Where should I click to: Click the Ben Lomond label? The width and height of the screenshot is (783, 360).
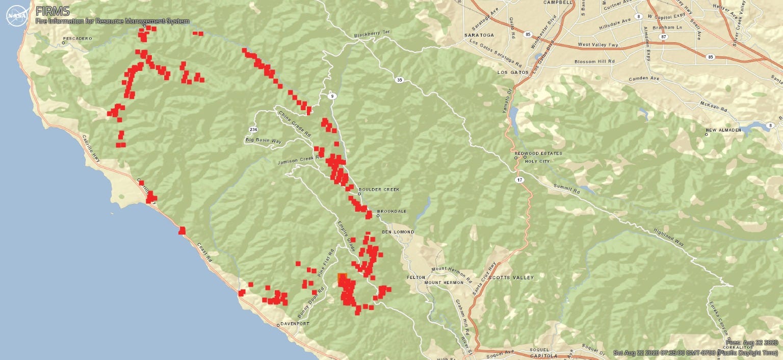[398, 232]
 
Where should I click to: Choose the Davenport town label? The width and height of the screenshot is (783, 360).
[296, 324]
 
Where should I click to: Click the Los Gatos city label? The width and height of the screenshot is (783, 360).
[511, 72]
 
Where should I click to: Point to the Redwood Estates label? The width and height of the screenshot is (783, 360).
[538, 153]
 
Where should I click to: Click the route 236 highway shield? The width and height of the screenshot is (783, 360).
[253, 130]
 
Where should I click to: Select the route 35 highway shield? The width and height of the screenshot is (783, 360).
[399, 80]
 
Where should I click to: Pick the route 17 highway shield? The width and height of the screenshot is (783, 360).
[518, 180]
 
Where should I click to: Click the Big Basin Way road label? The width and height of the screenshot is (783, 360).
[264, 139]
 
